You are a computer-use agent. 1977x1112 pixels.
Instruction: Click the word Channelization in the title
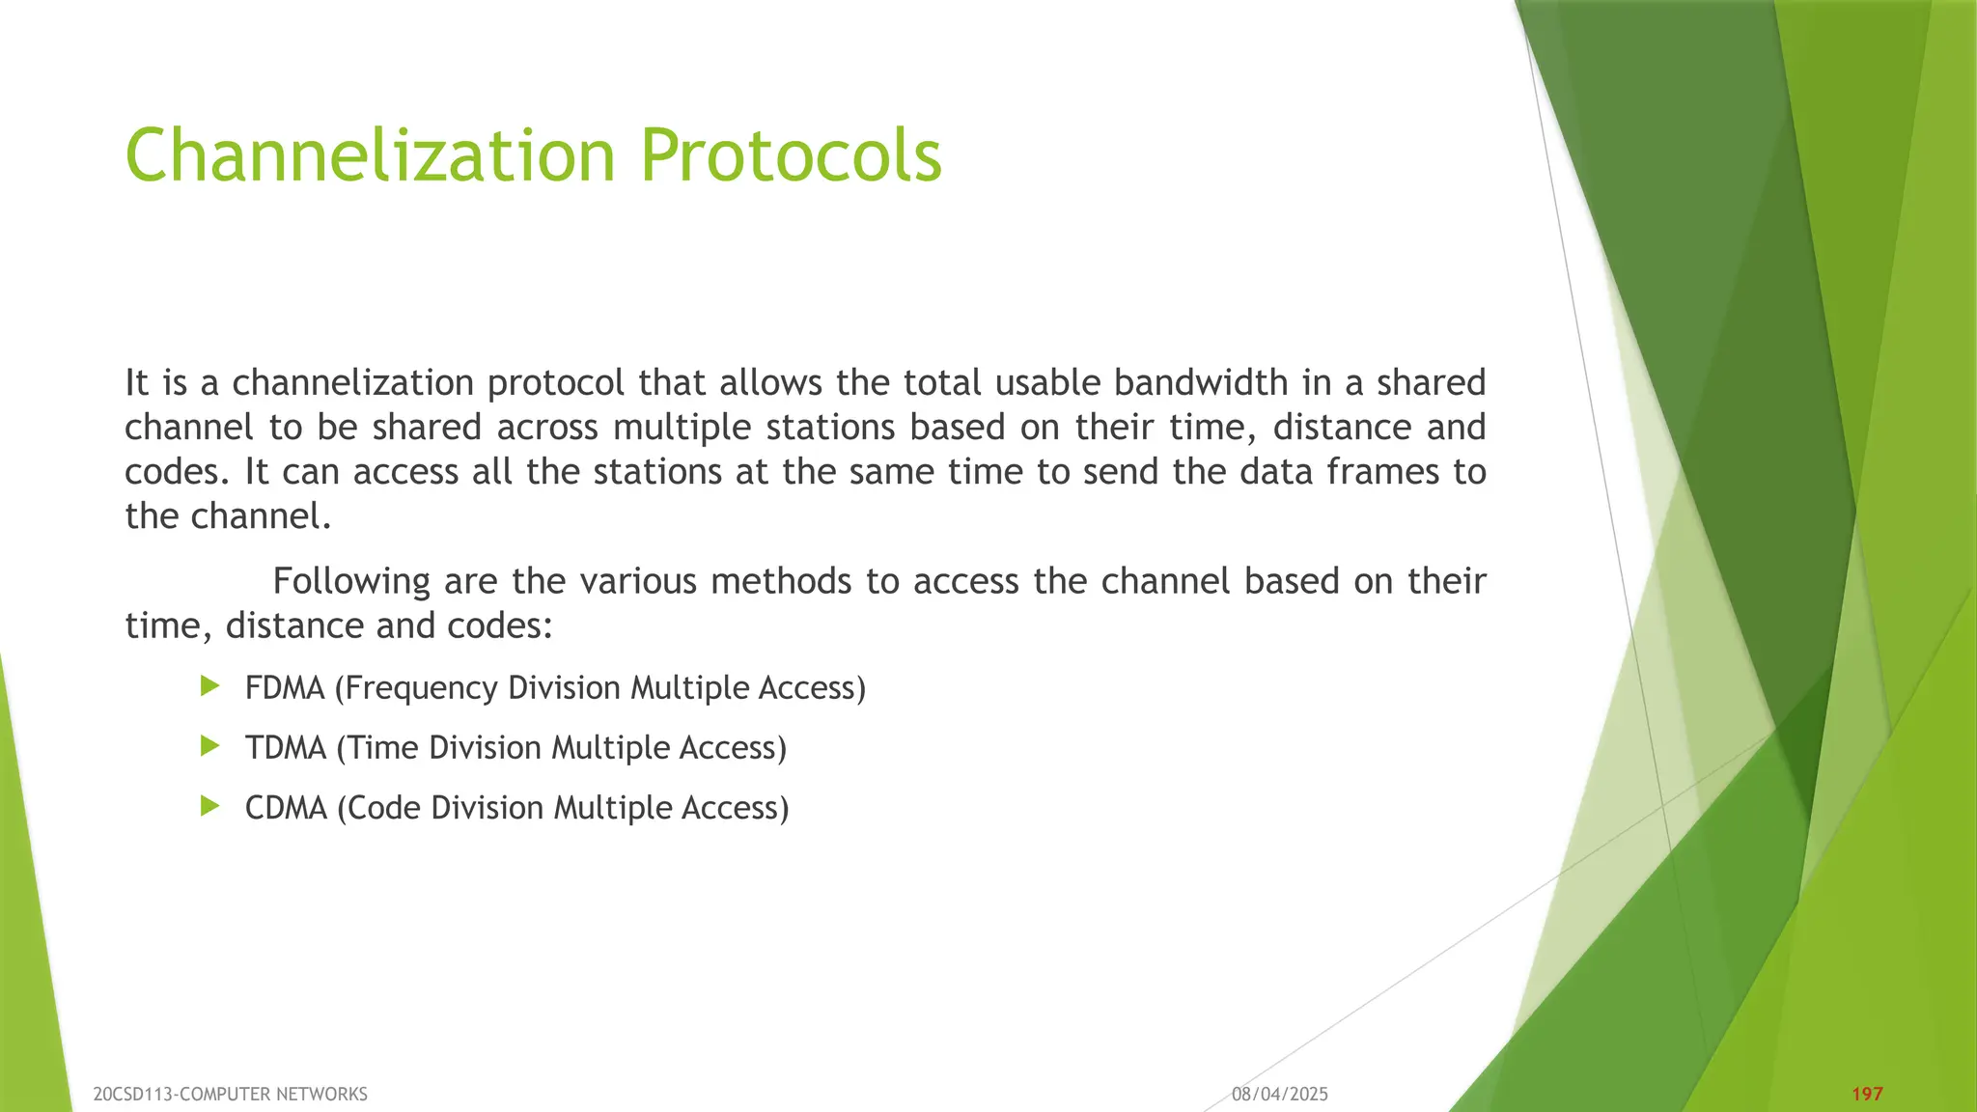370,155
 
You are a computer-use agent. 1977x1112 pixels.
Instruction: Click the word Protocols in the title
791,155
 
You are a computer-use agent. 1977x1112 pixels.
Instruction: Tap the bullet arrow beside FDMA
210,686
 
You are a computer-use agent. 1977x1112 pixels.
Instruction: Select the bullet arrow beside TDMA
210,746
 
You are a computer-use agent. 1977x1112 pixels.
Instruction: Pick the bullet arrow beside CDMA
210,806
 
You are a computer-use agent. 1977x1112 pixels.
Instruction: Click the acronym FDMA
285,688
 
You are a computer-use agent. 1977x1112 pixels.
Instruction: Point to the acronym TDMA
285,748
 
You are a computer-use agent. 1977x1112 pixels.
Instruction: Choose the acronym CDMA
286,808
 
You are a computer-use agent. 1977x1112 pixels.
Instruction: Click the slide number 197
1867,1094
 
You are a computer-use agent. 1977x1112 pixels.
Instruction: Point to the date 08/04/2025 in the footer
1279,1094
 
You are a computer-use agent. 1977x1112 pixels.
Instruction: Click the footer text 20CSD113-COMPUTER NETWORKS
230,1094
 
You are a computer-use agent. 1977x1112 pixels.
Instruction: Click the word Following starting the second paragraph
351,582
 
